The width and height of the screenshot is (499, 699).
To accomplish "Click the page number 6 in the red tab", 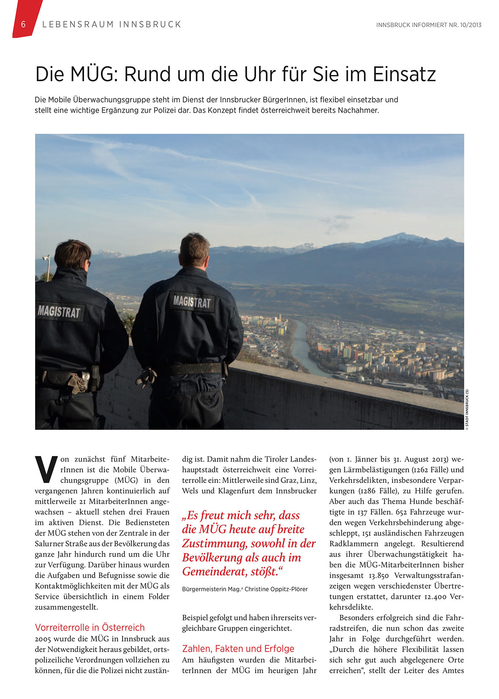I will [x=23, y=25].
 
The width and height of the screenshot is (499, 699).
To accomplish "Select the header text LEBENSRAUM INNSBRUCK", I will [x=112, y=25].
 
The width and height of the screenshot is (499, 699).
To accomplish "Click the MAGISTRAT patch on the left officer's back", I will [x=59, y=312].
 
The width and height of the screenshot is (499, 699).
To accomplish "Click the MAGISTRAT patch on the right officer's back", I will [x=192, y=302].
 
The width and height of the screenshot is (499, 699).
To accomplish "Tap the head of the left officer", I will [x=73, y=255].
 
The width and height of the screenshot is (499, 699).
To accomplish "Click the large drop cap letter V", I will [x=46, y=469].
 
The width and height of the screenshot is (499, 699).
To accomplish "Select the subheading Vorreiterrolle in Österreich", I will [x=90, y=628].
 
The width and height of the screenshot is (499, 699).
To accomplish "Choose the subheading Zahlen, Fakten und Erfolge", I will [x=238, y=649].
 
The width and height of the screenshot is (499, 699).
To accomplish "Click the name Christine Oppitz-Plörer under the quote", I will [x=276, y=589].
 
